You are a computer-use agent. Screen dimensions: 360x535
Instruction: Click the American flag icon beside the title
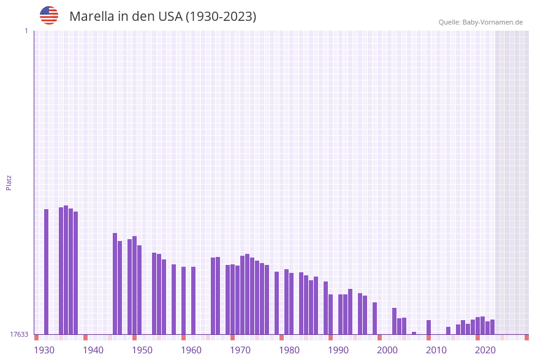(x=49, y=15)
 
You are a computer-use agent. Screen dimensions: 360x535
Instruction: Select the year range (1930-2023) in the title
(x=221, y=17)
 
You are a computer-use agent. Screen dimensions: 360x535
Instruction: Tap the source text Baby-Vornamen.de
(x=492, y=22)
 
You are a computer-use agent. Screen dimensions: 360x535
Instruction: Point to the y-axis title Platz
(x=9, y=182)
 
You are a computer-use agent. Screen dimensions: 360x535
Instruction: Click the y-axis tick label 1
(x=26, y=31)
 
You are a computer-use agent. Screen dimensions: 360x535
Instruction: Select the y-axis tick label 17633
(x=18, y=334)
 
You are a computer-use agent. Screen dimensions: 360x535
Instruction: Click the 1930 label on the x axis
(x=44, y=350)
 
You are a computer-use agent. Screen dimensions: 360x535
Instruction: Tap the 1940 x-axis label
(x=93, y=350)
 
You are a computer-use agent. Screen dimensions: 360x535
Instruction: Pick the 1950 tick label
(x=142, y=350)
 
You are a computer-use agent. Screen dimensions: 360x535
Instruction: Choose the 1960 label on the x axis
(x=191, y=350)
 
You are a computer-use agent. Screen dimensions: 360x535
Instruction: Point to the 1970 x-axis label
(x=240, y=350)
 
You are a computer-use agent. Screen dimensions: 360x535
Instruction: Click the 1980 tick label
(x=289, y=350)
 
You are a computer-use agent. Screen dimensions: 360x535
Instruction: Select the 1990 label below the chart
(x=338, y=350)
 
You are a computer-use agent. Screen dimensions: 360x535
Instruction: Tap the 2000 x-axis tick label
(x=387, y=350)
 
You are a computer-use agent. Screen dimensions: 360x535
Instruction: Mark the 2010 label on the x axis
(x=436, y=350)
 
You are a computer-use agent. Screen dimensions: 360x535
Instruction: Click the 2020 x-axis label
(x=485, y=350)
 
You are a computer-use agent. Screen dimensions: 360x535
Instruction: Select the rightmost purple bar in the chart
(x=492, y=327)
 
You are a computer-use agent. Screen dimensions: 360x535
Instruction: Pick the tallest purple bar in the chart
(x=66, y=270)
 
